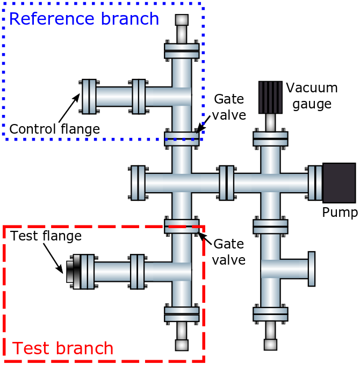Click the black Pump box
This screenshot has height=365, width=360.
tap(339, 183)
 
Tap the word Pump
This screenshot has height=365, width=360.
tap(340, 213)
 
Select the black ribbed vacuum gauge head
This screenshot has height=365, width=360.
tap(270, 97)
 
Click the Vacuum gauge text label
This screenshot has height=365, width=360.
tap(312, 94)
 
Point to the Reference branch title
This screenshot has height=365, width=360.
tap(84, 19)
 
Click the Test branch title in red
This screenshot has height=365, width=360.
tap(63, 348)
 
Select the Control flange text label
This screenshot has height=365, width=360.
tap(55, 129)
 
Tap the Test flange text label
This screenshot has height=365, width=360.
tap(46, 236)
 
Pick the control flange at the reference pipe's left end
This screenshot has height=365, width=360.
tap(89, 97)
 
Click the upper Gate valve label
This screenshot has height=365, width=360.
tap(229, 107)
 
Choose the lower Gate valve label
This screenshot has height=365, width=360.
tap(229, 252)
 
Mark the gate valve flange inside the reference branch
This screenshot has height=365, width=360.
tap(181, 138)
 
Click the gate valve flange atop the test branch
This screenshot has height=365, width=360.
tap(181, 226)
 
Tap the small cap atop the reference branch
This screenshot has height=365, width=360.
tap(182, 20)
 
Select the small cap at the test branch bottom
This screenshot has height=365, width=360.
tap(182, 345)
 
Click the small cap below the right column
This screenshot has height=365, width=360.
tap(270, 345)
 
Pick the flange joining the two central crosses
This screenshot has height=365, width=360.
tap(226, 182)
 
